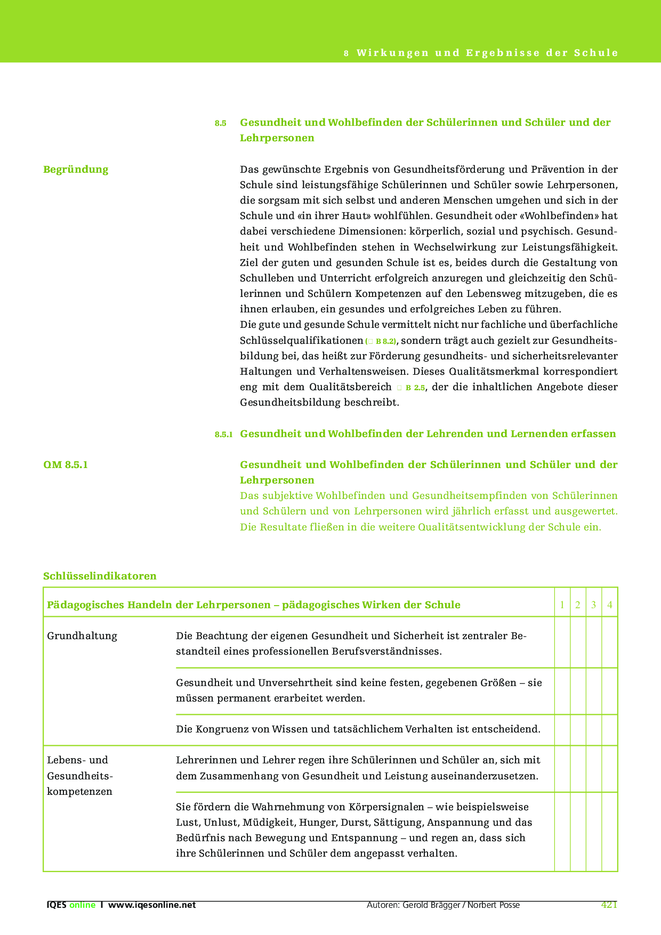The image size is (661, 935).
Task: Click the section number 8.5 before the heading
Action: (220, 123)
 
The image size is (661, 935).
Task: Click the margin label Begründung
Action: (76, 170)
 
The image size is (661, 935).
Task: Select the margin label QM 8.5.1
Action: (66, 465)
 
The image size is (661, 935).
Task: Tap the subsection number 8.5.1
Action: (223, 434)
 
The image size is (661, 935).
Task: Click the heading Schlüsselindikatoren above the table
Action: (100, 576)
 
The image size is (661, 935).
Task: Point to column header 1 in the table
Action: (562, 605)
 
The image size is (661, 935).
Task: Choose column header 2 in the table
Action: (578, 605)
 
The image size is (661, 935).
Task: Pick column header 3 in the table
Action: (594, 605)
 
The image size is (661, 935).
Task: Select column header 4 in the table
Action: (610, 605)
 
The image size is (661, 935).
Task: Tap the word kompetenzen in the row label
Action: (79, 792)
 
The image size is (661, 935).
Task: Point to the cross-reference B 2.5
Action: (415, 388)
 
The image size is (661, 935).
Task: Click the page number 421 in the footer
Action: (609, 905)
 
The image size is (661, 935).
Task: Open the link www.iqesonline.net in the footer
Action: (152, 905)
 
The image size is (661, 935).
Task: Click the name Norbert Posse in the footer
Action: (494, 905)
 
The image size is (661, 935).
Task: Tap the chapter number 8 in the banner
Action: (346, 53)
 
